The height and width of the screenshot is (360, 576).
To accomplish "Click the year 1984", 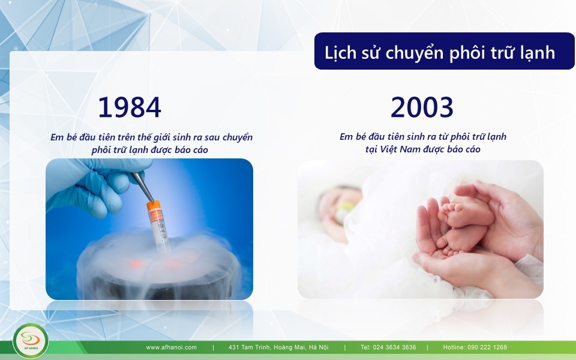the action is (x=130, y=107).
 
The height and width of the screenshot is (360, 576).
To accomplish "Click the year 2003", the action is (x=422, y=107).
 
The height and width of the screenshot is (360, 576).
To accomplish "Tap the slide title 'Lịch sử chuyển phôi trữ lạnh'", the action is (x=440, y=53).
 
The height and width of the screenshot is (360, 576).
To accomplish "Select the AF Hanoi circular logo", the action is (x=30, y=341).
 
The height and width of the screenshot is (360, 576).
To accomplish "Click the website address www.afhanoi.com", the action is (x=171, y=347).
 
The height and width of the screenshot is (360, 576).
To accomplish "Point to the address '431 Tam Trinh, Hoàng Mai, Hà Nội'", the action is (x=278, y=347).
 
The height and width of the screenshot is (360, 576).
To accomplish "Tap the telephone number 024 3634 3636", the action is (x=395, y=347).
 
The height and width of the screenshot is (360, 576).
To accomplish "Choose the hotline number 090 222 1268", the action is (x=487, y=347).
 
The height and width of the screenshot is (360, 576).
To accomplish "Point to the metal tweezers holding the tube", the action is (x=143, y=187).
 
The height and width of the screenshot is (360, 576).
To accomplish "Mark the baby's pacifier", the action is (x=343, y=212).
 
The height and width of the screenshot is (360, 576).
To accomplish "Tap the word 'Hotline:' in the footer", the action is (x=454, y=347).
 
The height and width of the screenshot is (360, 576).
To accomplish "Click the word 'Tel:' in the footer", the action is (x=365, y=347).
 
